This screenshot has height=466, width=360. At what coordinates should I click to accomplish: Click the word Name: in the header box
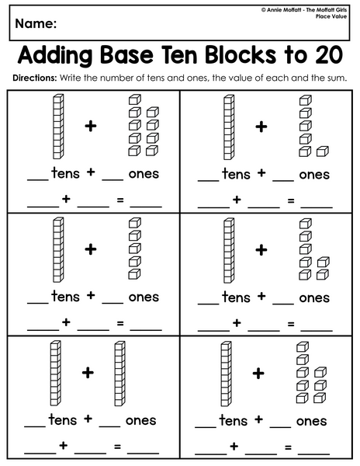tap(36, 23)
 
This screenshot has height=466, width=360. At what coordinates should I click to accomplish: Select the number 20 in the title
tap(329, 55)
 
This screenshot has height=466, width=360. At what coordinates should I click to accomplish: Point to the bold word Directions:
tap(34, 78)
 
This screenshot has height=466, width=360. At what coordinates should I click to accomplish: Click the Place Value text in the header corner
tap(331, 16)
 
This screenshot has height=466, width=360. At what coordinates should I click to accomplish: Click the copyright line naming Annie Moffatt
tap(304, 10)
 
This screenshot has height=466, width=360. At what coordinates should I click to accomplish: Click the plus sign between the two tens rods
tap(88, 372)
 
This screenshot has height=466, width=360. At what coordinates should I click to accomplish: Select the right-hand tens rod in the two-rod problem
tap(119, 374)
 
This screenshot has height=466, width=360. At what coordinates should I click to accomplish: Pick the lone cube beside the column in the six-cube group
tap(322, 151)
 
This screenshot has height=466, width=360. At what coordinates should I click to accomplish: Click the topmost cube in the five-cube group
tap(134, 223)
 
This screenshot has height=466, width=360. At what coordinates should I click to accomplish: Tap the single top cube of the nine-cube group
tap(134, 99)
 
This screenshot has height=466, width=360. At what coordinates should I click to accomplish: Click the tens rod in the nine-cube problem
tap(58, 127)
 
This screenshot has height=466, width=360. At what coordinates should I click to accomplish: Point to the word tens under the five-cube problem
tap(66, 297)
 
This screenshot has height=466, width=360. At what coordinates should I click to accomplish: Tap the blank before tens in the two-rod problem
tap(35, 426)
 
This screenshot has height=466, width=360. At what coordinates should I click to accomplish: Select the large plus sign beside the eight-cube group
tap(258, 374)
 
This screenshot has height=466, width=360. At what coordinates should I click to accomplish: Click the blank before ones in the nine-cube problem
tap(112, 180)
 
